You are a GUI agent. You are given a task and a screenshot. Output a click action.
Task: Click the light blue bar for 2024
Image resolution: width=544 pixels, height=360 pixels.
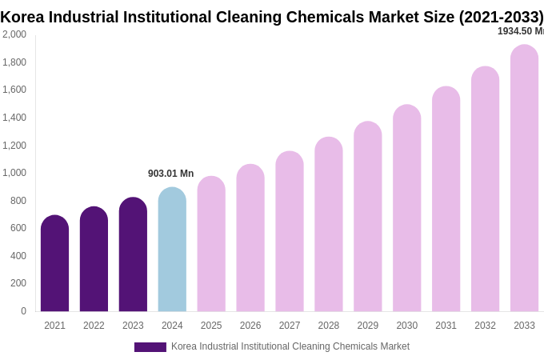172,250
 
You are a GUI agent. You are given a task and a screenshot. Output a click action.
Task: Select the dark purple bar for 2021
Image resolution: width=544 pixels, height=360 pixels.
54,264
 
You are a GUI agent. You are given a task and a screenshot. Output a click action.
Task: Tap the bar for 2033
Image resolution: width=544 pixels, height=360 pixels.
524,178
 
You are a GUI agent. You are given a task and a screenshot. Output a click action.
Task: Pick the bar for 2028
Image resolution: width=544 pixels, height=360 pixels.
328,225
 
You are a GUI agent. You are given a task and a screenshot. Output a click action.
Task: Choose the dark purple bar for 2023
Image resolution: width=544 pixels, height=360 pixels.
133,254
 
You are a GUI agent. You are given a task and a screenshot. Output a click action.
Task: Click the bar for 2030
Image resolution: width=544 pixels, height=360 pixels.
406,208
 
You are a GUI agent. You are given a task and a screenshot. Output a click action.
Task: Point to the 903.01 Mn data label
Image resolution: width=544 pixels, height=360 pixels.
170,174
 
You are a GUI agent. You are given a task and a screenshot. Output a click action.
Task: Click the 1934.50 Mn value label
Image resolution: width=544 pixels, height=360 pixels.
520,31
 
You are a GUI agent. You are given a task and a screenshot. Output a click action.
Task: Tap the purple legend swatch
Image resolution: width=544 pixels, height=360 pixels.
150,347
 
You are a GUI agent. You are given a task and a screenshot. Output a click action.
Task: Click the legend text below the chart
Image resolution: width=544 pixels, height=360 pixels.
290,346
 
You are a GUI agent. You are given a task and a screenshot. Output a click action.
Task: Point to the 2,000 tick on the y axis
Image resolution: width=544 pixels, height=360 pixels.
14,34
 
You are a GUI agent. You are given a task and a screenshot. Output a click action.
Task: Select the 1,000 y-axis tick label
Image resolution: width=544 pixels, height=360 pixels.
14,173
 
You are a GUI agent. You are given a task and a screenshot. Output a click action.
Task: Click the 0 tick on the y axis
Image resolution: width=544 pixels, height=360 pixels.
23,311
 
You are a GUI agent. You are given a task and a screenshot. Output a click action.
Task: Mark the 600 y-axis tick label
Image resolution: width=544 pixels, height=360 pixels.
18,228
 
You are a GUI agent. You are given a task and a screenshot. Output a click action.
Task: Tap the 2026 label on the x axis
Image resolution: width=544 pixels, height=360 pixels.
250,326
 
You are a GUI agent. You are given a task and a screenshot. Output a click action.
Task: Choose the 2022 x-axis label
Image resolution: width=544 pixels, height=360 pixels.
94,326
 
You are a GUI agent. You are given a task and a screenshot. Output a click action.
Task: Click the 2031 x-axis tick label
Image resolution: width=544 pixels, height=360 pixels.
446,326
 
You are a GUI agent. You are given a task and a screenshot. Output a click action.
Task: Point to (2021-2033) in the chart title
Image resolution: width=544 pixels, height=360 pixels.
501,17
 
